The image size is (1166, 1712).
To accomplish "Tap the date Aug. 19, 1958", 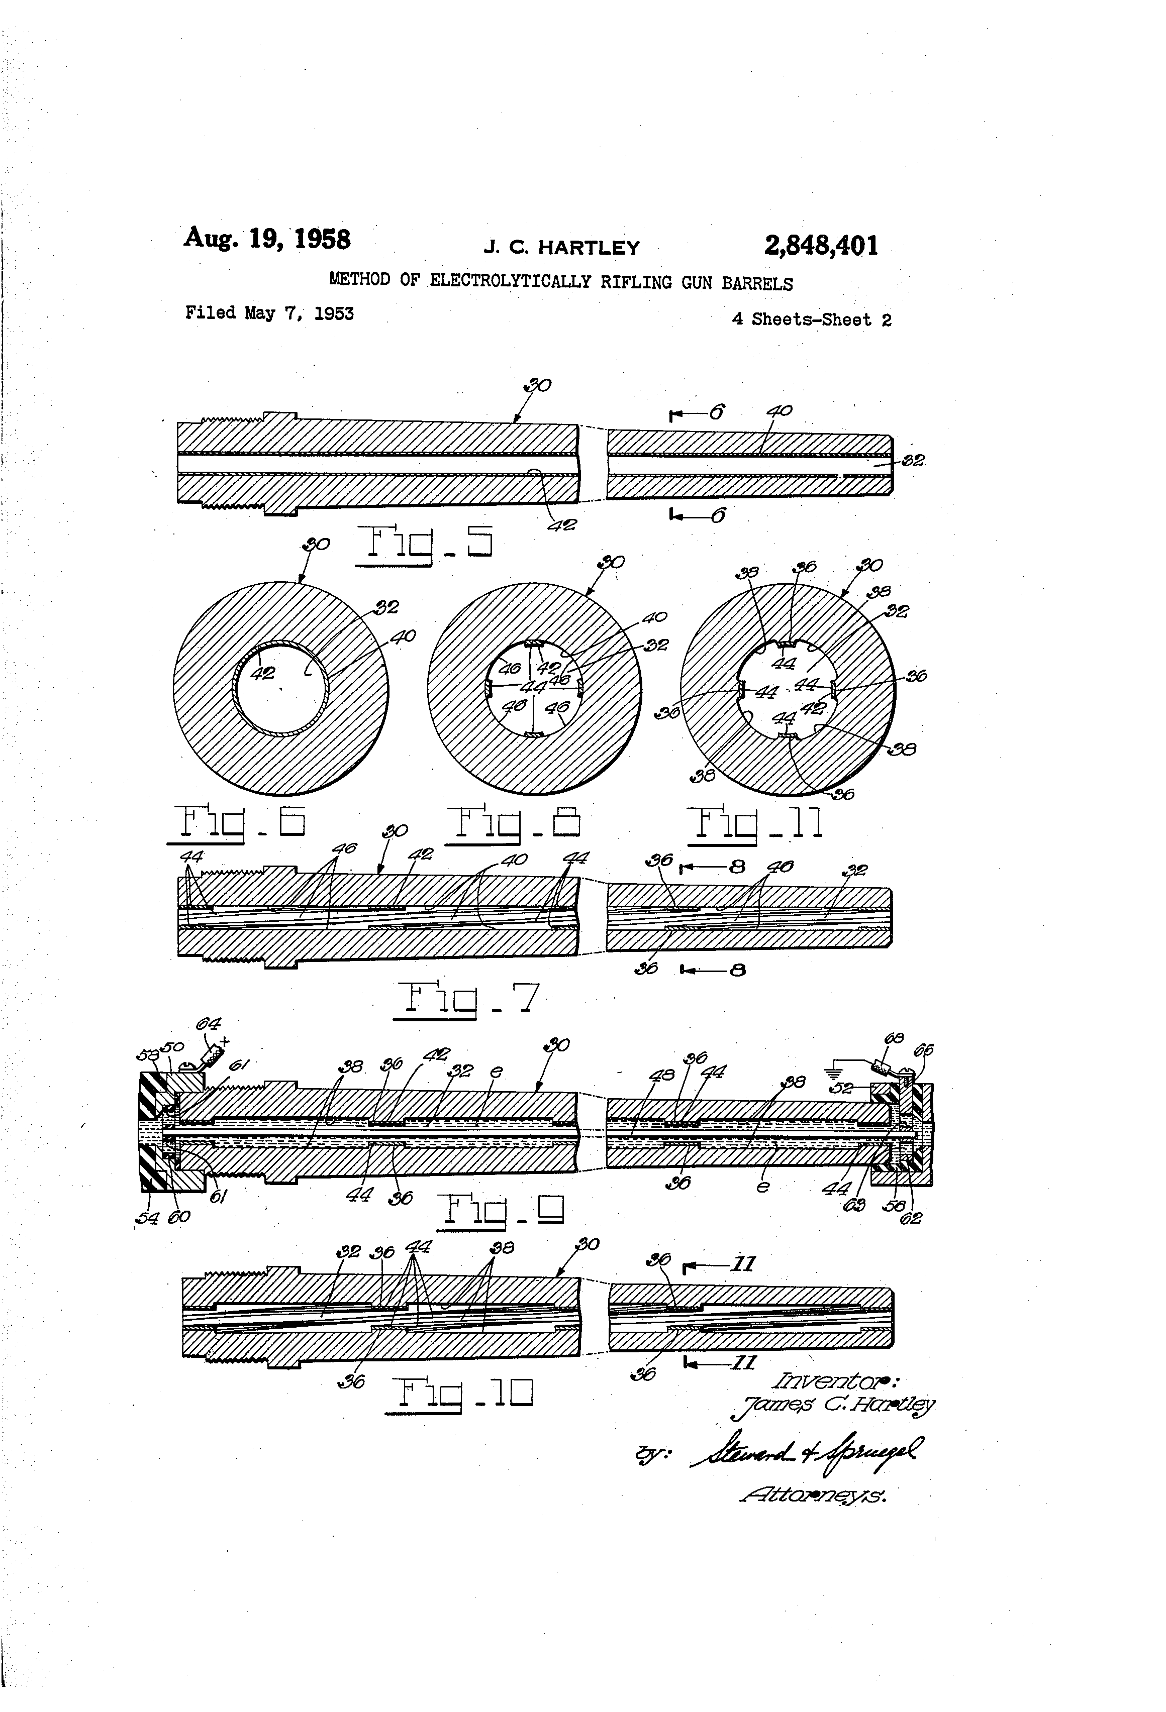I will point(267,239).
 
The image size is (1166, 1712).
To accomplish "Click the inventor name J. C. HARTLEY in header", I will point(561,248).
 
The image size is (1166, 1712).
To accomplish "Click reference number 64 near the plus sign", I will point(208,1025).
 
